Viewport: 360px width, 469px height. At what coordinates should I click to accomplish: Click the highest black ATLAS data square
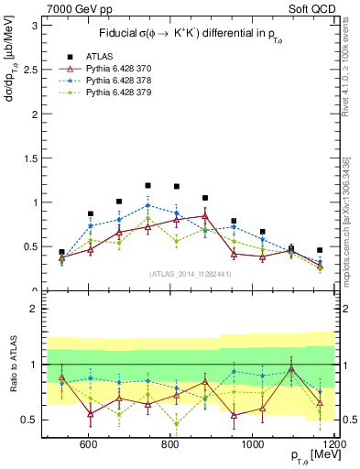[x=147, y=185]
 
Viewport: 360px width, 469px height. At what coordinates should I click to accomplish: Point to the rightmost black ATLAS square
[x=320, y=250]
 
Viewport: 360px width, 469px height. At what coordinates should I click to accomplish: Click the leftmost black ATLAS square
[x=61, y=252]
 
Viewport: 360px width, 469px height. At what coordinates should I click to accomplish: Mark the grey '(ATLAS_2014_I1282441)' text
[x=190, y=274]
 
